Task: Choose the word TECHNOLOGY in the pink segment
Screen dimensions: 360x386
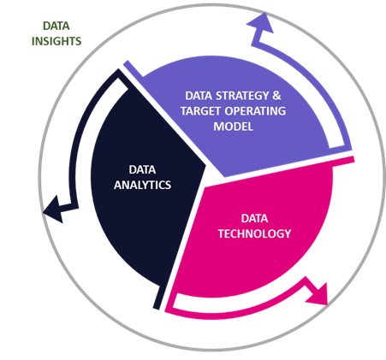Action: pos(255,233)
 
